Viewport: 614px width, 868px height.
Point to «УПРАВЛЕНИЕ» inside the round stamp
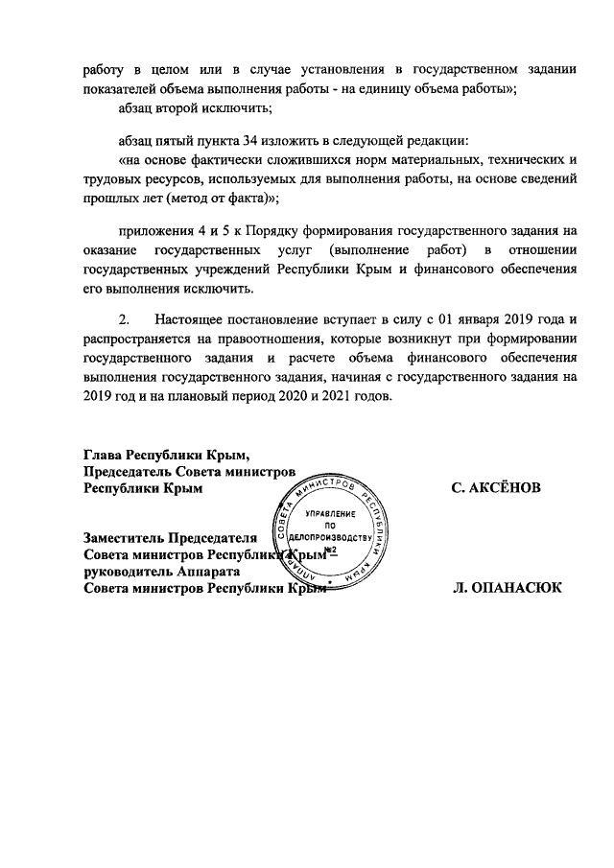[x=329, y=515]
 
